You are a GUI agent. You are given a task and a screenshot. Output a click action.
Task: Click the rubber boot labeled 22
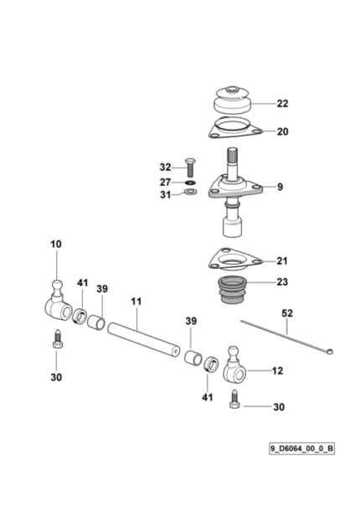coord(233,100)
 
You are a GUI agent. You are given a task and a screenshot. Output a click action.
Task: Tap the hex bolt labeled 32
coord(189,167)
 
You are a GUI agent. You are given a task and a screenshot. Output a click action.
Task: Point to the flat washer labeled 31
coord(190,192)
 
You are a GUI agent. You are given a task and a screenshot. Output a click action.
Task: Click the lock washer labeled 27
coord(190,183)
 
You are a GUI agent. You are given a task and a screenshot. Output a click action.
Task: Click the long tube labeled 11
coord(143,339)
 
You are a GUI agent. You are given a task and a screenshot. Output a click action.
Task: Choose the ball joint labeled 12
coord(234,367)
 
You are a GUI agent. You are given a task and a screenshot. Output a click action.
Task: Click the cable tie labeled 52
coord(287,336)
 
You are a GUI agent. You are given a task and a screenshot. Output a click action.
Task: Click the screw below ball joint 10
coord(57,338)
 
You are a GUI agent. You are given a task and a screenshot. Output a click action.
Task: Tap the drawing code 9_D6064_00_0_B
coord(301,449)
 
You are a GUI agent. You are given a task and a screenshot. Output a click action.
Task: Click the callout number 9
coord(280,187)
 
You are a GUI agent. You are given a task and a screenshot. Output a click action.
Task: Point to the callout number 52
coord(287,313)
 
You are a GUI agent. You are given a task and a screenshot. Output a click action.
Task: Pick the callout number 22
coord(282,104)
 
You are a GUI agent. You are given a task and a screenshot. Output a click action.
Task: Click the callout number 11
coord(136,302)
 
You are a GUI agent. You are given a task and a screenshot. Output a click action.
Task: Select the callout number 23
coord(282,282)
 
